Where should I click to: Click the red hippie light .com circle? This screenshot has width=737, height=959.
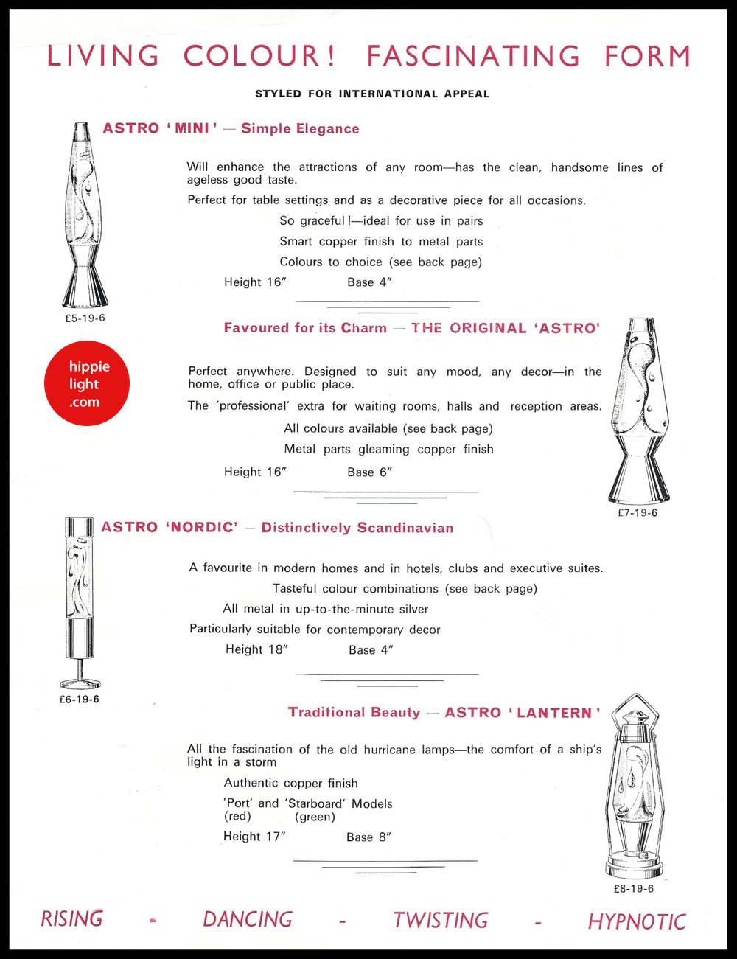87,383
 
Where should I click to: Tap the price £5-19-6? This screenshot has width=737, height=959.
85,318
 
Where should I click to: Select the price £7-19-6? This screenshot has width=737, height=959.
638,513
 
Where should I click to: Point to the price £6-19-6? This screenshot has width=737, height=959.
79,700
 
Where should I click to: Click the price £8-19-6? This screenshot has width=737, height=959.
633,889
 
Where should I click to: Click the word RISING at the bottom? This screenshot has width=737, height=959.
71,919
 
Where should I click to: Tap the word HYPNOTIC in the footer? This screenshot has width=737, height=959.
637,921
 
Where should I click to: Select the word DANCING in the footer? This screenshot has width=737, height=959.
248,920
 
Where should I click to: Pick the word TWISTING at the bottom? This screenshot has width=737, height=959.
441,921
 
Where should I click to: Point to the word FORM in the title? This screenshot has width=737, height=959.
647,57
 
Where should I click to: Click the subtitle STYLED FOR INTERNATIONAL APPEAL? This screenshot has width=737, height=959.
372,94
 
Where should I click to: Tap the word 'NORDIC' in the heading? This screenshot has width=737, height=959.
201,528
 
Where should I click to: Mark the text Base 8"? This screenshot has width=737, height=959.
368,837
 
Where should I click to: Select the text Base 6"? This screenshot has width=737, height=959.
369,472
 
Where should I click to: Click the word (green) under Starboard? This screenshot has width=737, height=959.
315,817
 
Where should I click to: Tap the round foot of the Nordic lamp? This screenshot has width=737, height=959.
80,683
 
